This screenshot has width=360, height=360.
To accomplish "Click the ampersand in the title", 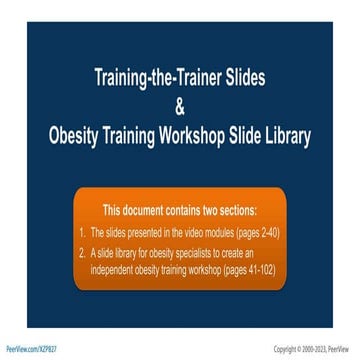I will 180,106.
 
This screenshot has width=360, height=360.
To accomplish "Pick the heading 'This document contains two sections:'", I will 179,210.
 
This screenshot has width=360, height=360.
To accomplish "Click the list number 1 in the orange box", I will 82,232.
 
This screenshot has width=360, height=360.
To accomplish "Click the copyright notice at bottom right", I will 314,349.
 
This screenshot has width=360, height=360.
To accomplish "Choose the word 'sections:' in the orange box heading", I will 236,210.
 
